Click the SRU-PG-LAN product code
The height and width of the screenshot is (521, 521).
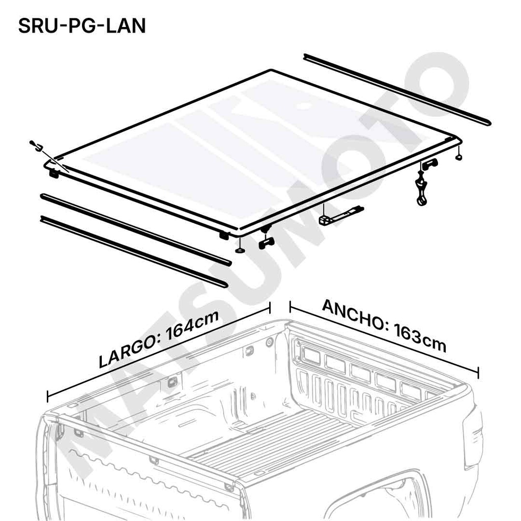tap(82, 26)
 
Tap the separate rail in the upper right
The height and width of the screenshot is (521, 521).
tap(397, 89)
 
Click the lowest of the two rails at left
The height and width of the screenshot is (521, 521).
tap(132, 250)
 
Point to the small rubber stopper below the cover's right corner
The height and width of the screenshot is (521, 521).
tap(458, 157)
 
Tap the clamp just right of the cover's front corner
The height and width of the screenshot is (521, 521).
tap(267, 243)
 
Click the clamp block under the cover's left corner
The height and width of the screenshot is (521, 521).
tap(54, 173)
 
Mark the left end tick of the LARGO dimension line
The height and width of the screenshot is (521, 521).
tap(48, 396)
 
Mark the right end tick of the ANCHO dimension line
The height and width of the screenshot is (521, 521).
tap(478, 371)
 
